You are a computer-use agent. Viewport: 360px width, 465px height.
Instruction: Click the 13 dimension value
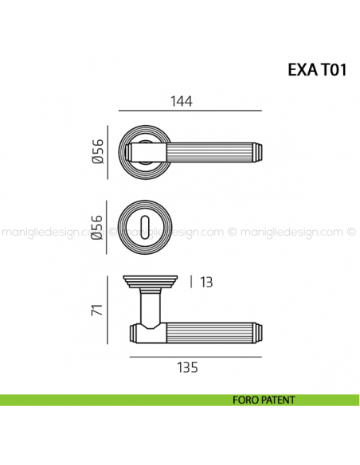click(x=205, y=282)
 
